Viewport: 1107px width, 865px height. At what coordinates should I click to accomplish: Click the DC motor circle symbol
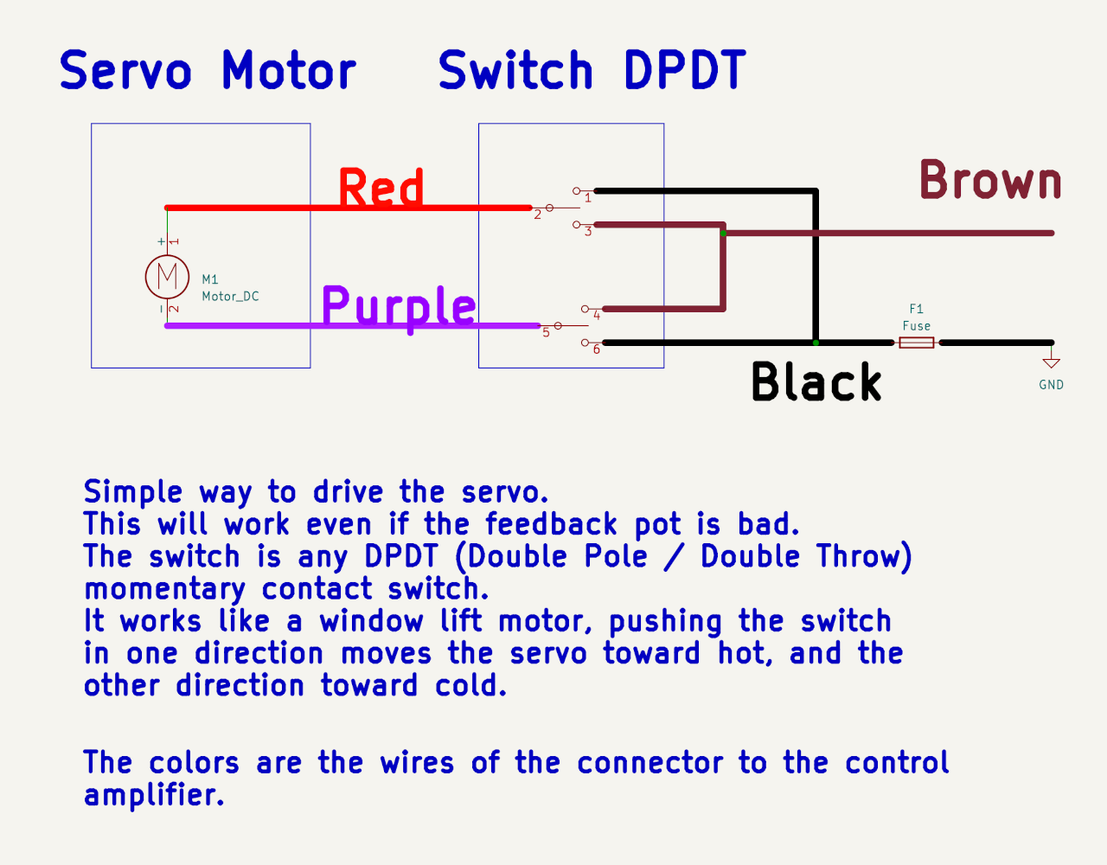(167, 277)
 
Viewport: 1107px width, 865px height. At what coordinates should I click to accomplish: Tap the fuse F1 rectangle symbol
(917, 343)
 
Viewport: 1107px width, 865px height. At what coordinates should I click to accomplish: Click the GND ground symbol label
(1051, 385)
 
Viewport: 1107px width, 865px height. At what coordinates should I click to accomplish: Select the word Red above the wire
(381, 189)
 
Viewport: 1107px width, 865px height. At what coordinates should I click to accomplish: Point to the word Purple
(399, 307)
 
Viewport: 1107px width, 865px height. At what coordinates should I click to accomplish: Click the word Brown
(990, 181)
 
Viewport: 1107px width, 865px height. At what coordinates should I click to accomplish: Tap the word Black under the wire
(816, 382)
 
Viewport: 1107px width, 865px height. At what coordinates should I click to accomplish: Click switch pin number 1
(588, 198)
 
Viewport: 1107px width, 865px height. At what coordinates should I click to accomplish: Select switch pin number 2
(537, 215)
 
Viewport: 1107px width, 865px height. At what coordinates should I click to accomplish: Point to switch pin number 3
(588, 232)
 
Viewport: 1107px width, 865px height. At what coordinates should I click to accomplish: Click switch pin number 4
(597, 316)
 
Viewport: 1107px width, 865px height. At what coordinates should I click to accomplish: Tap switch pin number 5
(546, 333)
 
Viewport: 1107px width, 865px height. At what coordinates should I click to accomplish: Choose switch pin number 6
(597, 349)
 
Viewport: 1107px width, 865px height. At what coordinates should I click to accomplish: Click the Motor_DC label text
(230, 296)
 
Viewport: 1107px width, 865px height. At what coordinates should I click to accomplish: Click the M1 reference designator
(210, 279)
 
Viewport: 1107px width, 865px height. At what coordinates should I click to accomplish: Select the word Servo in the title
(125, 71)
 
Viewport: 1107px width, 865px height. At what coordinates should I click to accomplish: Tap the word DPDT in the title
(684, 71)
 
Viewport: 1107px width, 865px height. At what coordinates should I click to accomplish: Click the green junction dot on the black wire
(816, 343)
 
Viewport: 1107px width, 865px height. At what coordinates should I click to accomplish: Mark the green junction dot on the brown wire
(723, 233)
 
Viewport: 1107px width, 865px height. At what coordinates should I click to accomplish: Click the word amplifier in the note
(153, 795)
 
